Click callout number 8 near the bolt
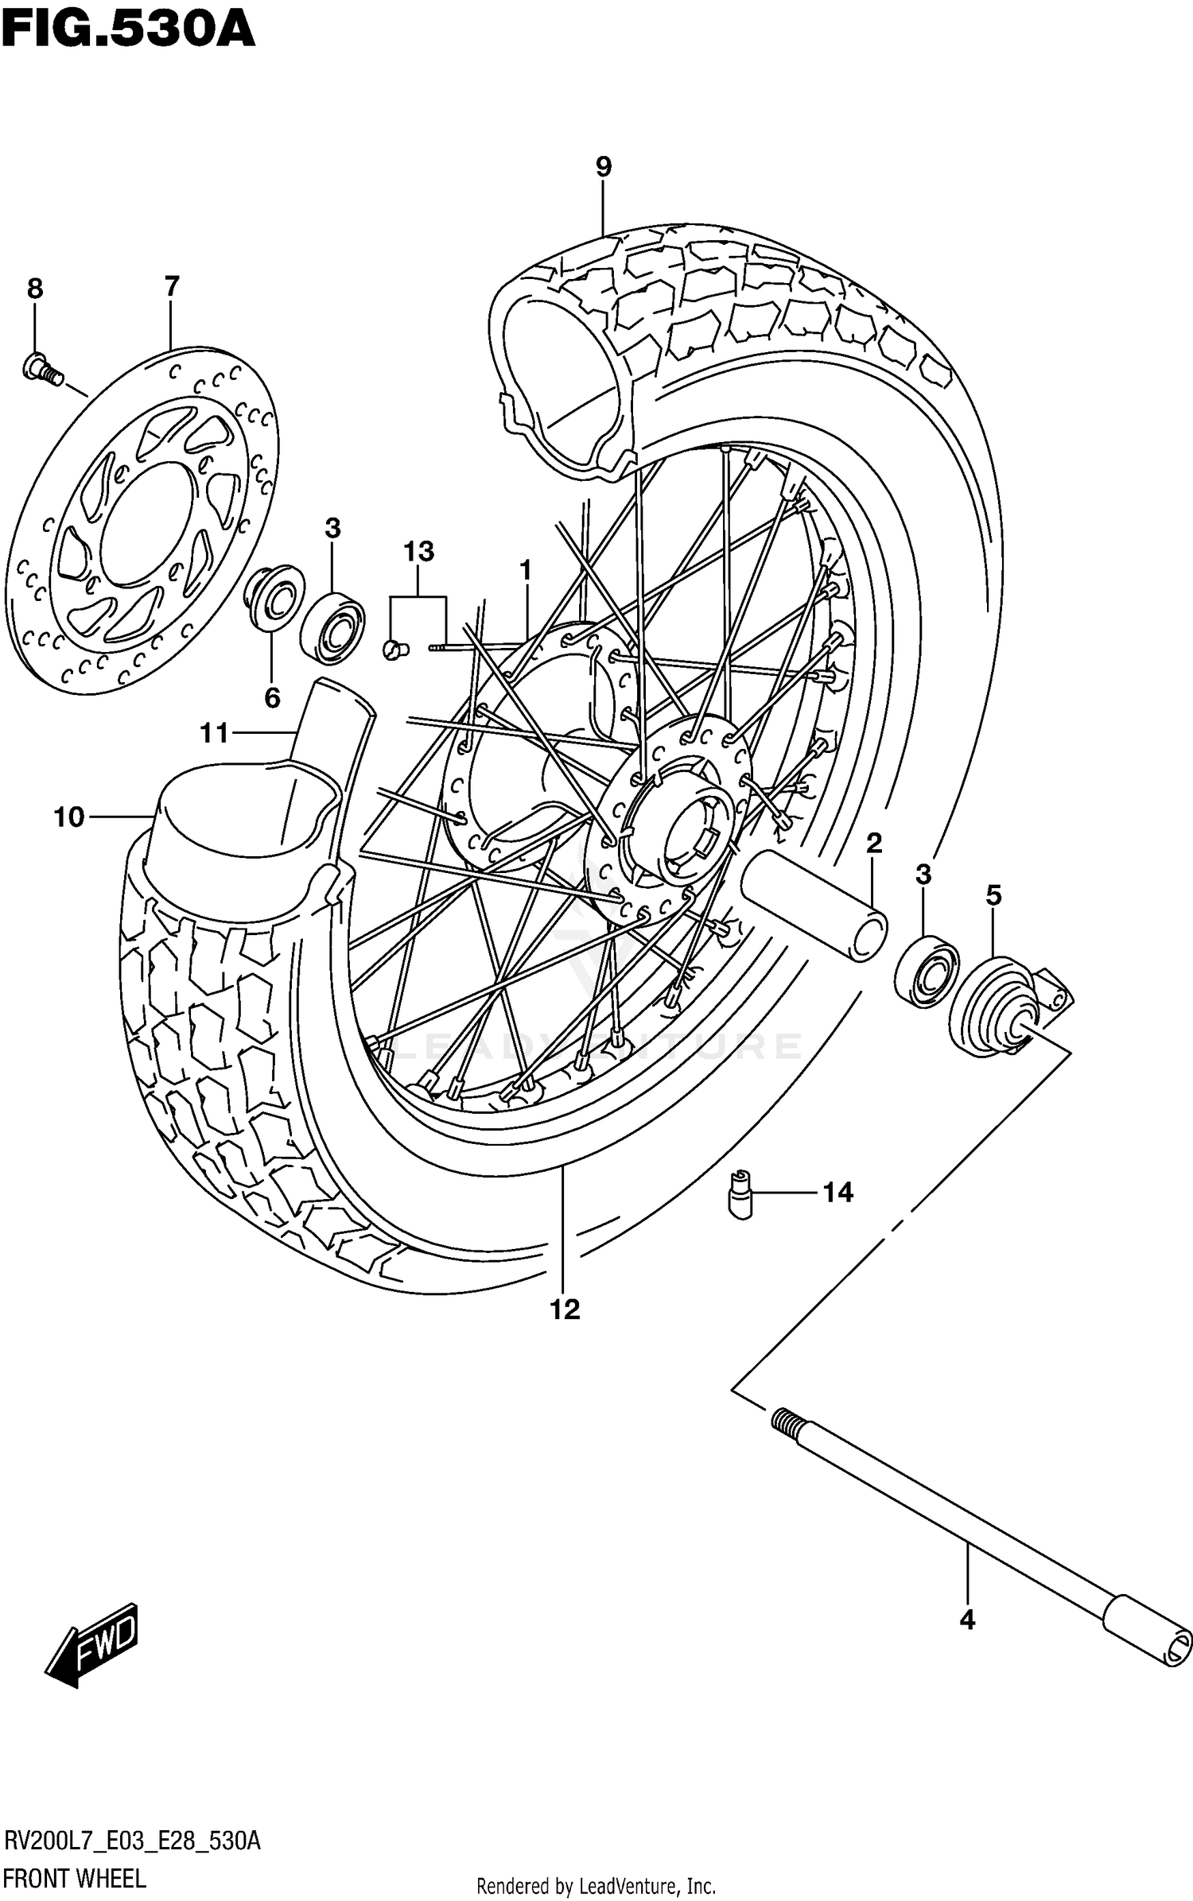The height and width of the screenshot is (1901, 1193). pyautogui.click(x=35, y=289)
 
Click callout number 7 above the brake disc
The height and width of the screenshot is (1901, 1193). pyautogui.click(x=172, y=286)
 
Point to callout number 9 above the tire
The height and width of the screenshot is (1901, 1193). pyautogui.click(x=603, y=167)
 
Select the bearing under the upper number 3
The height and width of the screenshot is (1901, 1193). pyautogui.click(x=332, y=627)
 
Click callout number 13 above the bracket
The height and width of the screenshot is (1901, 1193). pyautogui.click(x=418, y=551)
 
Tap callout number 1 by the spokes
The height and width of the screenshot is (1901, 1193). pyautogui.click(x=524, y=570)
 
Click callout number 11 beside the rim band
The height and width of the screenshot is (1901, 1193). pyautogui.click(x=214, y=732)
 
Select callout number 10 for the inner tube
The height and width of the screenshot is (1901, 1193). pyautogui.click(x=69, y=817)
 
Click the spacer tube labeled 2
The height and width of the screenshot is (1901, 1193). pyautogui.click(x=815, y=905)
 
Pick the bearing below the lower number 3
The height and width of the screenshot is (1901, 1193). pyautogui.click(x=927, y=972)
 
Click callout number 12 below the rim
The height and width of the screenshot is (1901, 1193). pyautogui.click(x=565, y=1309)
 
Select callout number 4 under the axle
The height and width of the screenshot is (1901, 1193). pyautogui.click(x=967, y=1620)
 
